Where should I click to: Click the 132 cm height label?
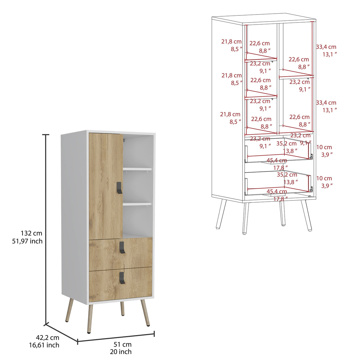[31, 233]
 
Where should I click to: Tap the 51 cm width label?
[122, 344]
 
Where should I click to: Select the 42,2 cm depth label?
[47, 337]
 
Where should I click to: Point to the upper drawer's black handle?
[122, 247]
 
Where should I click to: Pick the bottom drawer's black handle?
[122, 278]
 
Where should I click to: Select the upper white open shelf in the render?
[137, 169]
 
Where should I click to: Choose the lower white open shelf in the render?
[137, 204]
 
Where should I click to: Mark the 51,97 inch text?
[27, 241]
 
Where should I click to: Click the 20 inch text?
[120, 352]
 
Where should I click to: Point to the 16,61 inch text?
[44, 345]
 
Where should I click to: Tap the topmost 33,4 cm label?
[326, 47]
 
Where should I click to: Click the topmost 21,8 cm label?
[231, 42]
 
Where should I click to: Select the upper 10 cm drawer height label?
[324, 147]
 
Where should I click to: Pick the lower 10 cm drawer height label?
[324, 178]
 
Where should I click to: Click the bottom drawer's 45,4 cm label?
[277, 192]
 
